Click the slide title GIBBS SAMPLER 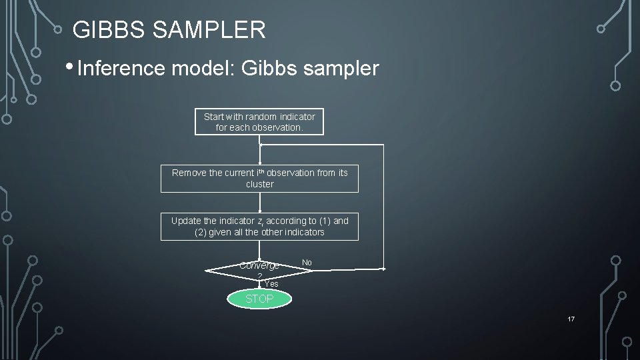coord(169,29)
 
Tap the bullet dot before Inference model coord(70,67)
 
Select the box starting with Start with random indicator coord(259,121)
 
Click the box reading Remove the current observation coord(259,178)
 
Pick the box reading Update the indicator coord(259,226)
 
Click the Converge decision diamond coord(259,269)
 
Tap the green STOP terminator coord(259,299)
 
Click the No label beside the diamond coord(307,263)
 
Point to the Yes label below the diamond coord(271,284)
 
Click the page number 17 coord(571,319)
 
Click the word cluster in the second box coord(259,184)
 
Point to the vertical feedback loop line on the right coord(384,207)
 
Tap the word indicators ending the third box coord(303,232)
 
